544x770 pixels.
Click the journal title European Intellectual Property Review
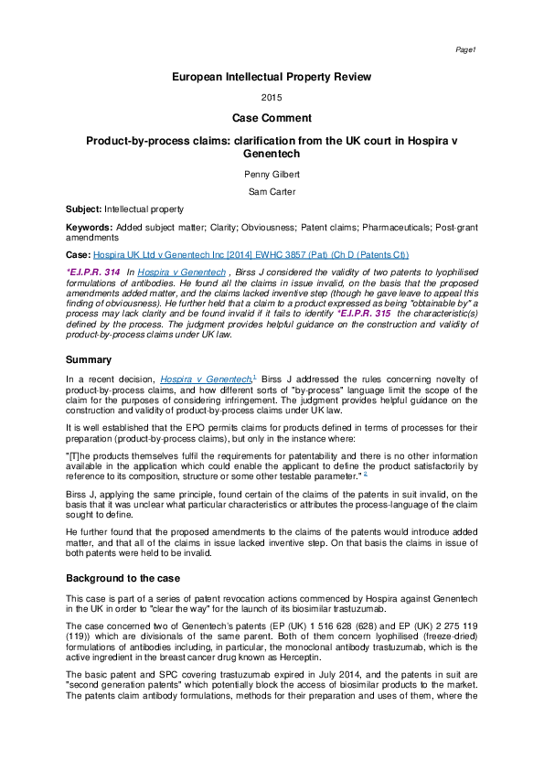272,78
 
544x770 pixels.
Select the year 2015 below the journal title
272,98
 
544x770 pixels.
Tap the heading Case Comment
272,118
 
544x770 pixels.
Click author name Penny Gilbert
272,173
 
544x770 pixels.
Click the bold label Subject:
84,209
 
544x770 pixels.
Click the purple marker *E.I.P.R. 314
92,273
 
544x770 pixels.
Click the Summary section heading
89,360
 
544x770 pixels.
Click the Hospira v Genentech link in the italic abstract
180,273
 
